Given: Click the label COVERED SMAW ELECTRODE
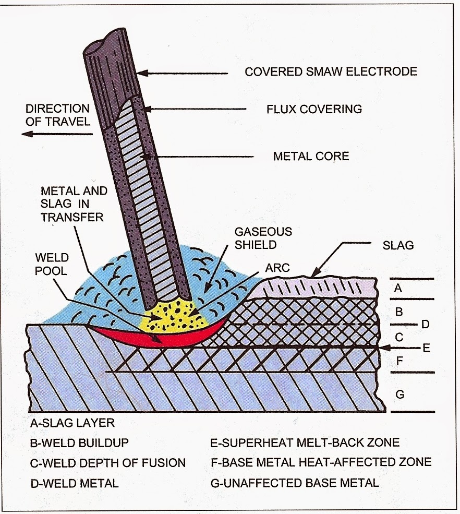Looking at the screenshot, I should [331, 71].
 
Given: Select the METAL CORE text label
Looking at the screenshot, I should [311, 156].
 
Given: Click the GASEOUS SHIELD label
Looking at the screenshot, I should [263, 238].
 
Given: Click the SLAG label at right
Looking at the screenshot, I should [397, 245].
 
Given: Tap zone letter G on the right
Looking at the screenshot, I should [400, 394].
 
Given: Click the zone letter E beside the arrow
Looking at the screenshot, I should [426, 348].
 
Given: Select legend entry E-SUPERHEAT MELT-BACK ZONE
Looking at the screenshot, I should [305, 443].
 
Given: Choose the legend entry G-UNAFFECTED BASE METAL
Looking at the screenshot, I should [294, 483].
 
